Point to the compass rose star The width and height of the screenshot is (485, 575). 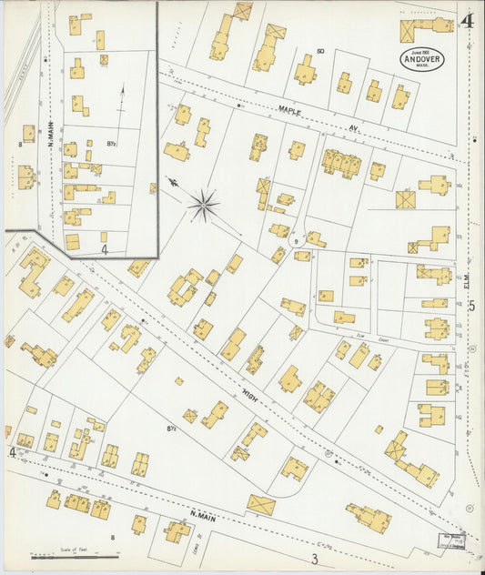(203, 204)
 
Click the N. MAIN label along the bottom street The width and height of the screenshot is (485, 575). (202, 517)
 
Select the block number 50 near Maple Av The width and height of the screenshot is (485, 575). (320, 50)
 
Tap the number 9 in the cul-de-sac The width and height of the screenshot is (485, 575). (297, 240)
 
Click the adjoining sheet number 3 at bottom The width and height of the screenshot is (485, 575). (314, 559)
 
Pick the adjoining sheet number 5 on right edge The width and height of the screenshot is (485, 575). (471, 307)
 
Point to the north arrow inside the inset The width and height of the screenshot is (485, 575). (121, 101)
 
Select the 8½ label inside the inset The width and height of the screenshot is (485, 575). (112, 143)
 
